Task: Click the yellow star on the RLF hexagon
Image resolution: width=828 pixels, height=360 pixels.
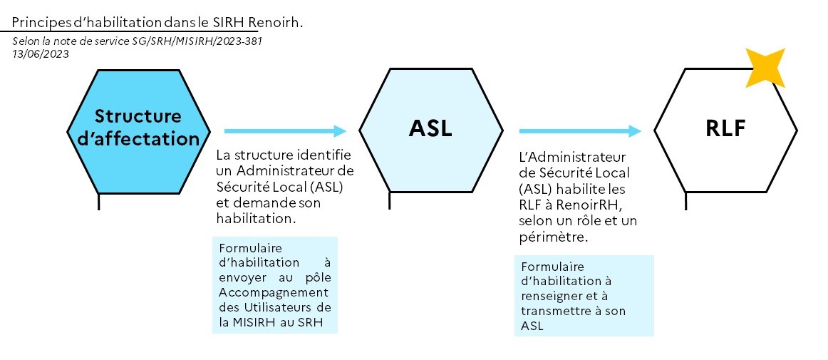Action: pos(765,68)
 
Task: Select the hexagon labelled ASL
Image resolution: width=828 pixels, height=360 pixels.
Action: pos(431,130)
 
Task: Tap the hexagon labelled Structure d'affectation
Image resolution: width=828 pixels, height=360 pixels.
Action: pos(138,131)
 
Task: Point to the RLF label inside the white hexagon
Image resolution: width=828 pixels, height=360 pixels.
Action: pos(725,128)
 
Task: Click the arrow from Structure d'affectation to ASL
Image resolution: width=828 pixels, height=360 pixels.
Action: pos(285,131)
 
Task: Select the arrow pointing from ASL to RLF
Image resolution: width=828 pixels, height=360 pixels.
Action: pos(580,131)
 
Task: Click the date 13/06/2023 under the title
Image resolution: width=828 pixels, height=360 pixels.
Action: pos(41,53)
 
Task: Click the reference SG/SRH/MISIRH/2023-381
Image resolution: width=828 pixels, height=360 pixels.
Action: pos(197,41)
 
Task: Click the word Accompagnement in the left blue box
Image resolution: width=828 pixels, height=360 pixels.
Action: pos(274,292)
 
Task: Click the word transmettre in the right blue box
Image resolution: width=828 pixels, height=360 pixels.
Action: pos(554,311)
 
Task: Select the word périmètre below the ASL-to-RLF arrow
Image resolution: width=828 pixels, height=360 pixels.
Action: pos(554,237)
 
